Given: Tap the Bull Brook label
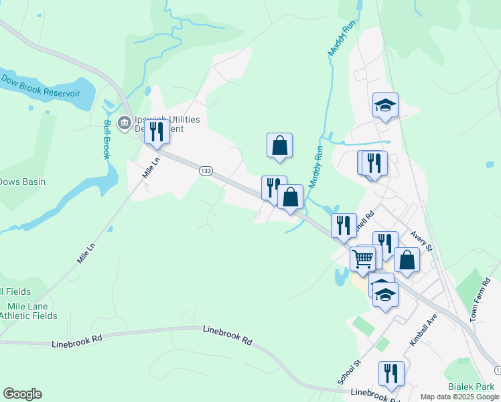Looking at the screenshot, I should (x=106, y=139).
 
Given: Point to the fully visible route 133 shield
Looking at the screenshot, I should (x=206, y=172).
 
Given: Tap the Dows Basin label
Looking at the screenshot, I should (x=22, y=182).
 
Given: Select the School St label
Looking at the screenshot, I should (x=349, y=373).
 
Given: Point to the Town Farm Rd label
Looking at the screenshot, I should (x=481, y=300).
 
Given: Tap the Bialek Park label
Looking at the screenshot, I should (x=472, y=387).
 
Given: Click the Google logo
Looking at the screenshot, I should (x=22, y=394).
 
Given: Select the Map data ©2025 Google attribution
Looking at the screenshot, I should (x=460, y=397).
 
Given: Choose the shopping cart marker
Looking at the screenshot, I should (x=363, y=258).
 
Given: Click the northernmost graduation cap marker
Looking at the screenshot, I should (x=385, y=105).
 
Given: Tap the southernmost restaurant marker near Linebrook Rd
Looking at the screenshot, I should (x=391, y=374).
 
